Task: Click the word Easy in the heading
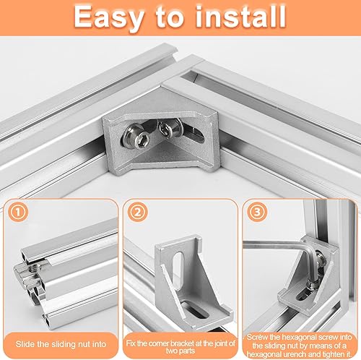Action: (109, 17)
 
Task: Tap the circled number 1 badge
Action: (18, 212)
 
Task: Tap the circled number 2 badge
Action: (138, 212)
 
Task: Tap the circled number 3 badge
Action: (257, 212)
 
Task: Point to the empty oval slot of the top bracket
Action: (196, 136)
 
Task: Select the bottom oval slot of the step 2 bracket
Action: (195, 310)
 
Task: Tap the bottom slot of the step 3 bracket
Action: (303, 296)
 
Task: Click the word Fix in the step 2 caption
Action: (131, 343)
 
